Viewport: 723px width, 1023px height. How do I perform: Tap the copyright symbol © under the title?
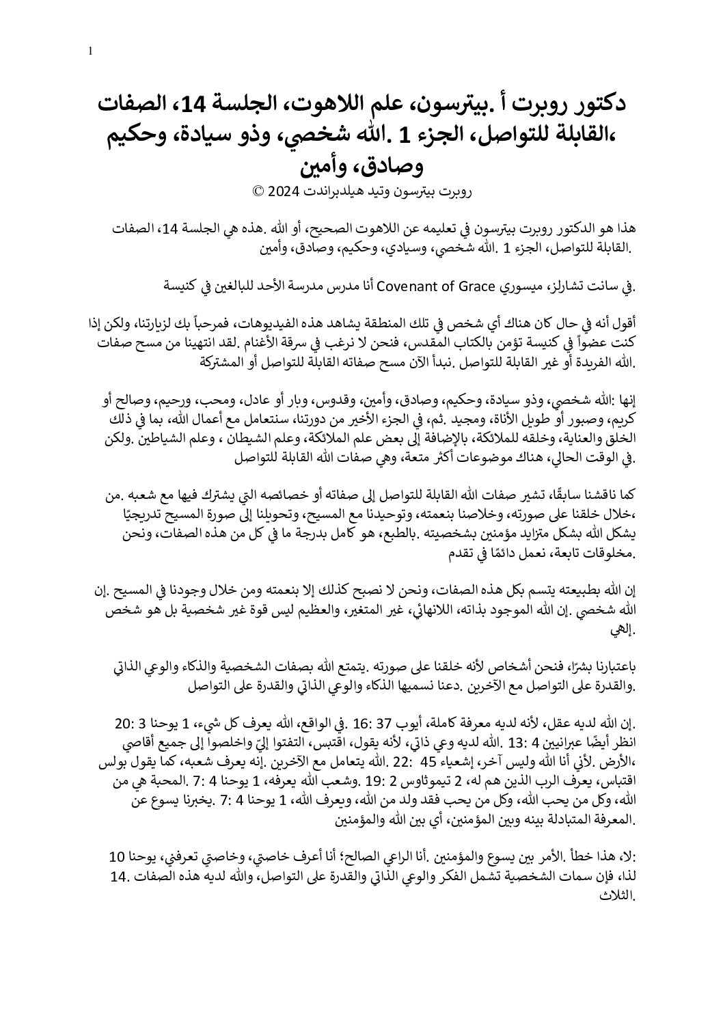click(258, 192)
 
